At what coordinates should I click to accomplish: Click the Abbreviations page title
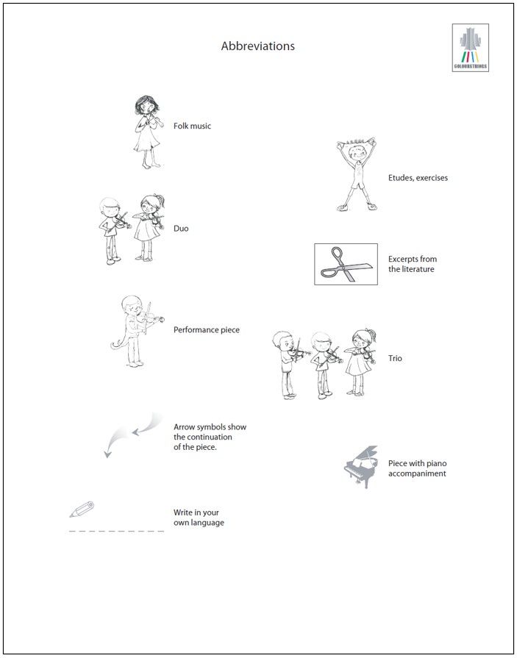(x=257, y=46)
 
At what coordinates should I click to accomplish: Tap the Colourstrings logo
(x=470, y=48)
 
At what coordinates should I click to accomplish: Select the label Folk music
(x=192, y=126)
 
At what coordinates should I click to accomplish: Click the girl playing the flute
(x=148, y=132)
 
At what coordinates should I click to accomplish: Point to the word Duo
(x=181, y=229)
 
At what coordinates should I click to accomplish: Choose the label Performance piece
(x=206, y=330)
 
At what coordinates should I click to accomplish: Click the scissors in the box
(x=346, y=265)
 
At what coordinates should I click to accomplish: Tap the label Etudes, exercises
(x=418, y=178)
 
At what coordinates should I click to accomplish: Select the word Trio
(x=396, y=359)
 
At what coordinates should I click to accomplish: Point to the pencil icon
(x=82, y=509)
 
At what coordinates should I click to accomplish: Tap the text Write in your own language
(x=199, y=518)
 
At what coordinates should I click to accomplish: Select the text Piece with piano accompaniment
(x=417, y=468)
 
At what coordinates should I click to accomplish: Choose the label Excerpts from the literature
(x=412, y=264)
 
